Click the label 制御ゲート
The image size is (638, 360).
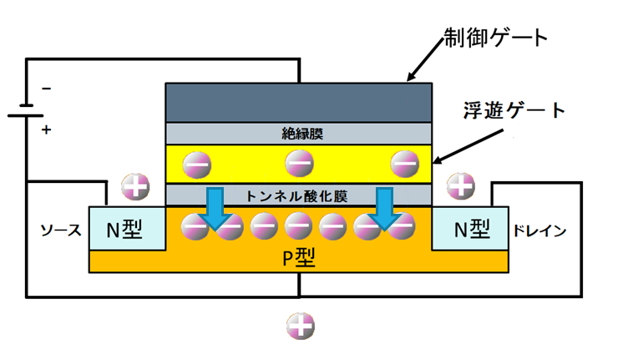point(495,38)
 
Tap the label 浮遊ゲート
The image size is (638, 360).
point(514,110)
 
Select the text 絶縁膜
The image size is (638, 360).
point(302,134)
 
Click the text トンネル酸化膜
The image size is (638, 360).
point(296,196)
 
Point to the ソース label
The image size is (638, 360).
point(61,231)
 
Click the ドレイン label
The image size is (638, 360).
point(539,231)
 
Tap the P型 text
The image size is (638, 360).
point(299,258)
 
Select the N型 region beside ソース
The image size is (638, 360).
point(128,229)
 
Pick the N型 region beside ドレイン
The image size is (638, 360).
point(470,229)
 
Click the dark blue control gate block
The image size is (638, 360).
point(299,103)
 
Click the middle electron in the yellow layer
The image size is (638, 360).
point(299,164)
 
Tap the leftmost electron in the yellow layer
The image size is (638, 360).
point(197,165)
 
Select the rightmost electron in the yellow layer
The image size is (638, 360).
point(405,164)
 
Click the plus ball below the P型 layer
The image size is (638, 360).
point(301,326)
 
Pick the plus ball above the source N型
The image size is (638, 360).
point(135,187)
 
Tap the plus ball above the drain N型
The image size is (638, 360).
point(461,186)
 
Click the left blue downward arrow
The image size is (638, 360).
point(215,208)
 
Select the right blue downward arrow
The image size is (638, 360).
point(384,208)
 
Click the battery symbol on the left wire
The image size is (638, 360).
point(26,110)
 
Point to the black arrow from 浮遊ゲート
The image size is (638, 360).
point(468,146)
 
